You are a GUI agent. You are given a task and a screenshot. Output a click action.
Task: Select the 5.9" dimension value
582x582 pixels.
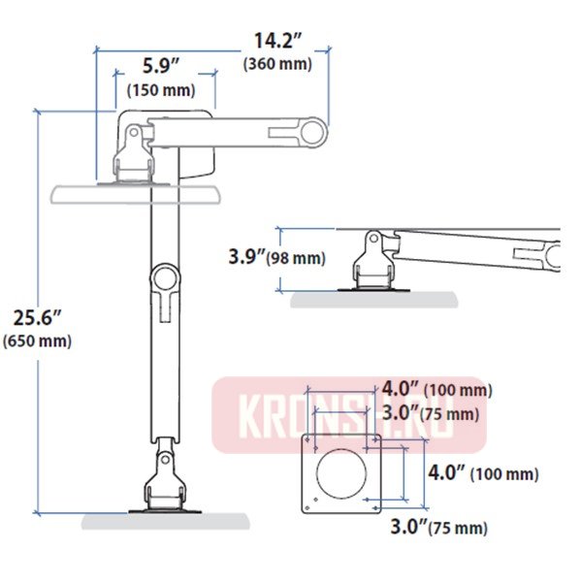pyautogui.click(x=160, y=67)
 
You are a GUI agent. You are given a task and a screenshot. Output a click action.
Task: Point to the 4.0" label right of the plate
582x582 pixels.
pyautogui.click(x=448, y=473)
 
